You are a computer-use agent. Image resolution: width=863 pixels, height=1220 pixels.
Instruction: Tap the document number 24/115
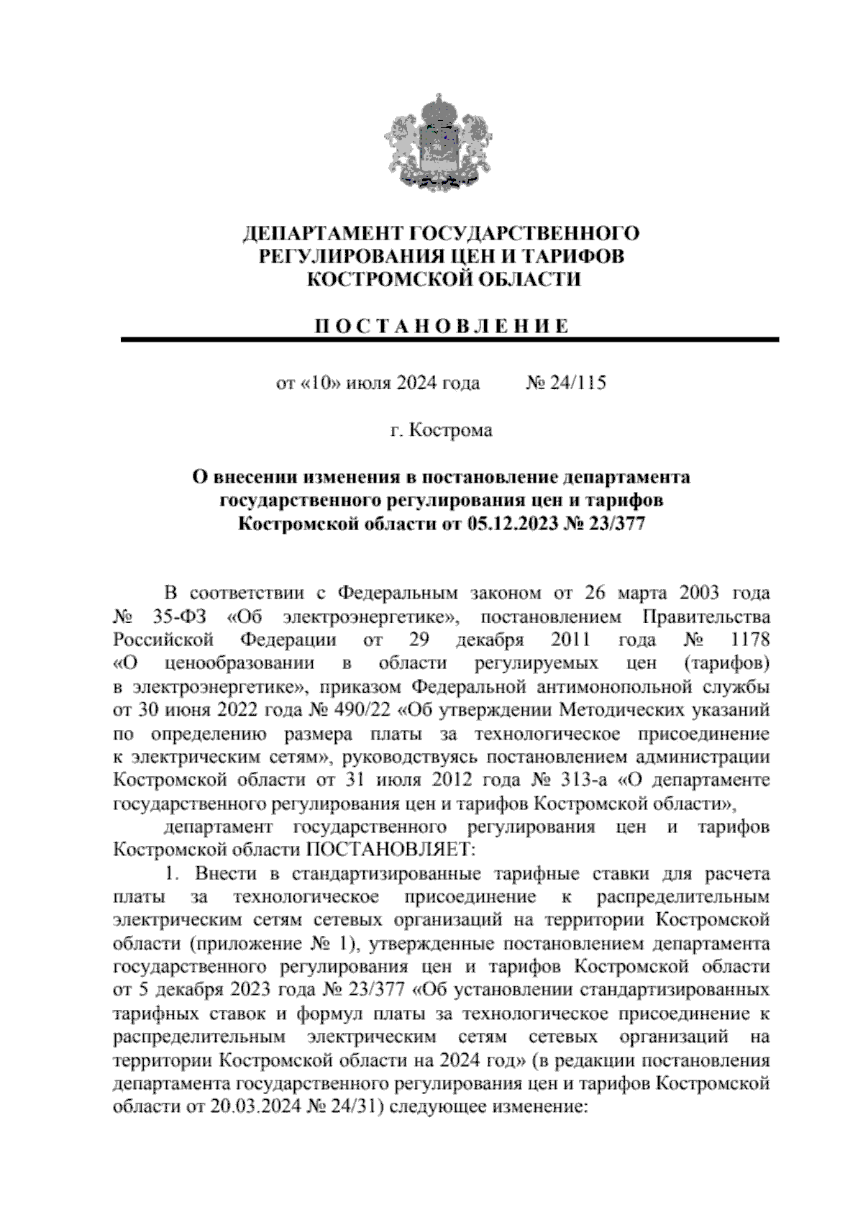577,383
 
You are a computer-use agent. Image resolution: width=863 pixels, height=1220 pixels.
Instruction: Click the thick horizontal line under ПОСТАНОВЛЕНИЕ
450,340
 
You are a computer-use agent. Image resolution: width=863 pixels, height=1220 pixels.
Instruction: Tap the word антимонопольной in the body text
629,687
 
